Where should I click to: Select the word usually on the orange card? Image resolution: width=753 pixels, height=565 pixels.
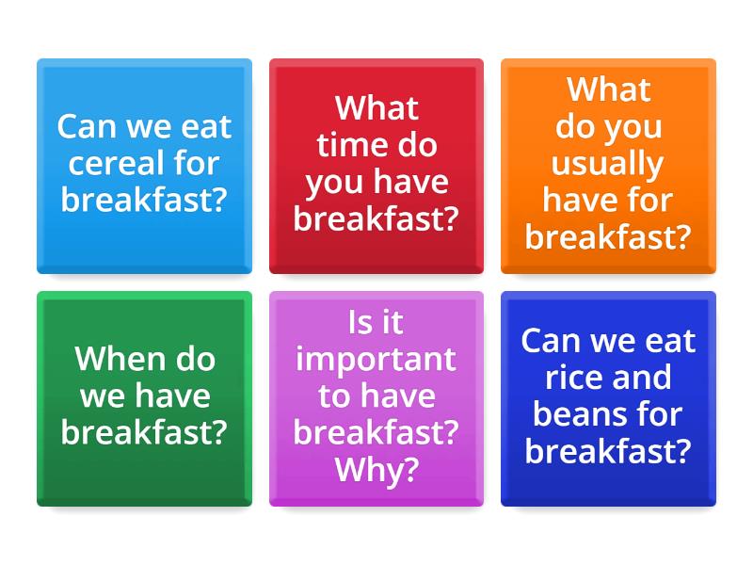pos(608,164)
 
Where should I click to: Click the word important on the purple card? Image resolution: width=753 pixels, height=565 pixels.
pos(376,359)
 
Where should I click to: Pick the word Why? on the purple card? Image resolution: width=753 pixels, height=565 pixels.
pos(376,469)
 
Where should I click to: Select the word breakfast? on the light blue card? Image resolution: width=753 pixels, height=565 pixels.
pos(144,201)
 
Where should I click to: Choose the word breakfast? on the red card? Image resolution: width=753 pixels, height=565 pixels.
pos(376,218)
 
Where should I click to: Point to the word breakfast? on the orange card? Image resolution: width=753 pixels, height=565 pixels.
pos(608,237)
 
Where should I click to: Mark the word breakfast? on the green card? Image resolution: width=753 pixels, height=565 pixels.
pos(144,432)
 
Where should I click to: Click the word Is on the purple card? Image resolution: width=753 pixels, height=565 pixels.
pos(361,322)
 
